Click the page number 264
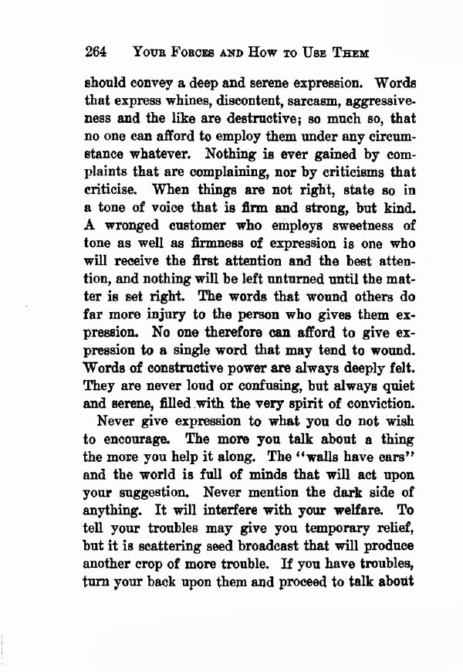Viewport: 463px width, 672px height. [x=95, y=53]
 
